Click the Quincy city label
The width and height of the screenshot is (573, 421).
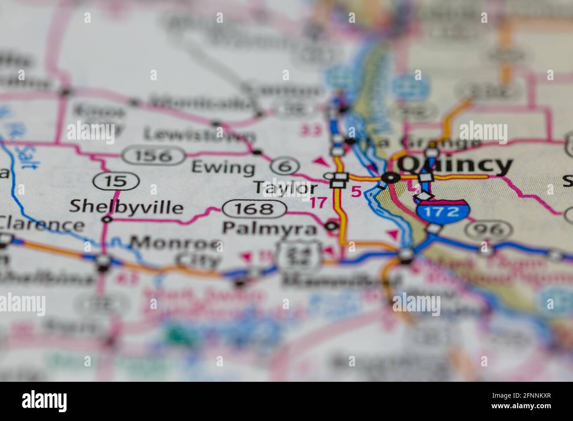[455, 165]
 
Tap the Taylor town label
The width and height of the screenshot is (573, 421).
[285, 188]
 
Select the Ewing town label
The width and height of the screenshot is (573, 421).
[223, 168]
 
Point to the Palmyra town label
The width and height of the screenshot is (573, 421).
[269, 228]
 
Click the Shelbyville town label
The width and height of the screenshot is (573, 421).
[127, 207]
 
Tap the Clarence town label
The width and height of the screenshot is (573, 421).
[42, 224]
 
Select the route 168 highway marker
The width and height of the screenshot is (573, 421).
[254, 209]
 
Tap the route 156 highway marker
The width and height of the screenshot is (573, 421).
[153, 156]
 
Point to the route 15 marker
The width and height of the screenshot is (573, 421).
[116, 181]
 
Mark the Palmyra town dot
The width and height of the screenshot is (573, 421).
[331, 227]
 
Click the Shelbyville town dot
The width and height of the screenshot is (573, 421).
[107, 219]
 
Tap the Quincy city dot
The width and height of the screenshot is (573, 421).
[390, 178]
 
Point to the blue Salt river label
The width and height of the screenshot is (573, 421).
[19, 152]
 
